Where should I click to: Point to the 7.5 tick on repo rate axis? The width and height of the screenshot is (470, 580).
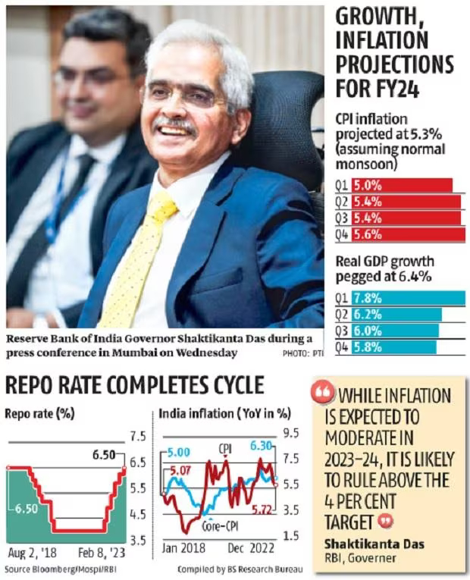click(x=139, y=436)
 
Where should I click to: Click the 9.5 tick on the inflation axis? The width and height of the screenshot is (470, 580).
click(x=291, y=434)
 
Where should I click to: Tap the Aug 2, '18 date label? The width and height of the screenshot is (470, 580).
click(x=31, y=550)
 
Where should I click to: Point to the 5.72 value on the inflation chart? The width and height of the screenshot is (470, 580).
click(x=262, y=508)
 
